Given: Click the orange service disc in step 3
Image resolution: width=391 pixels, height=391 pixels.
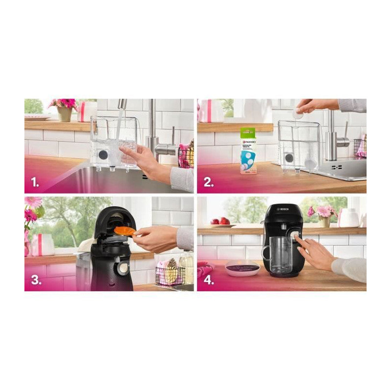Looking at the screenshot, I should (125, 230).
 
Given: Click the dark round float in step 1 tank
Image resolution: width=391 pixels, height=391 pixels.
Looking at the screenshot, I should (104, 155).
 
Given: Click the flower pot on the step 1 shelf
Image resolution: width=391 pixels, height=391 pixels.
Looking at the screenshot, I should (65, 113).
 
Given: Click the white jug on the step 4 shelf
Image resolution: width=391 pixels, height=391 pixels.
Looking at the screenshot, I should (349, 217).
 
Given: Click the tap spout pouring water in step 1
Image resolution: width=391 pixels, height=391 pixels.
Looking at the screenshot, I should (122, 104).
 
